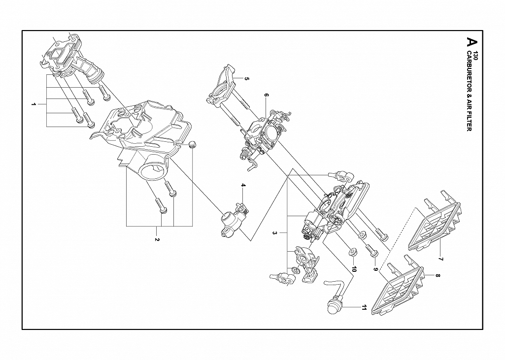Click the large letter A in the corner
coord(471,41)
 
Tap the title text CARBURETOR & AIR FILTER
coord(469,91)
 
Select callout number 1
coord(33,104)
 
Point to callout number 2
coord(157,239)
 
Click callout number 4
coord(243,185)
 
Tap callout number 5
coord(247,78)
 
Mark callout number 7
coord(441,259)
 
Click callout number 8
coord(438,275)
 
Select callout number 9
coord(375,268)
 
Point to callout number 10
coord(354,269)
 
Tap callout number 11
coord(364,308)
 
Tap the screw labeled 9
coord(371,250)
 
